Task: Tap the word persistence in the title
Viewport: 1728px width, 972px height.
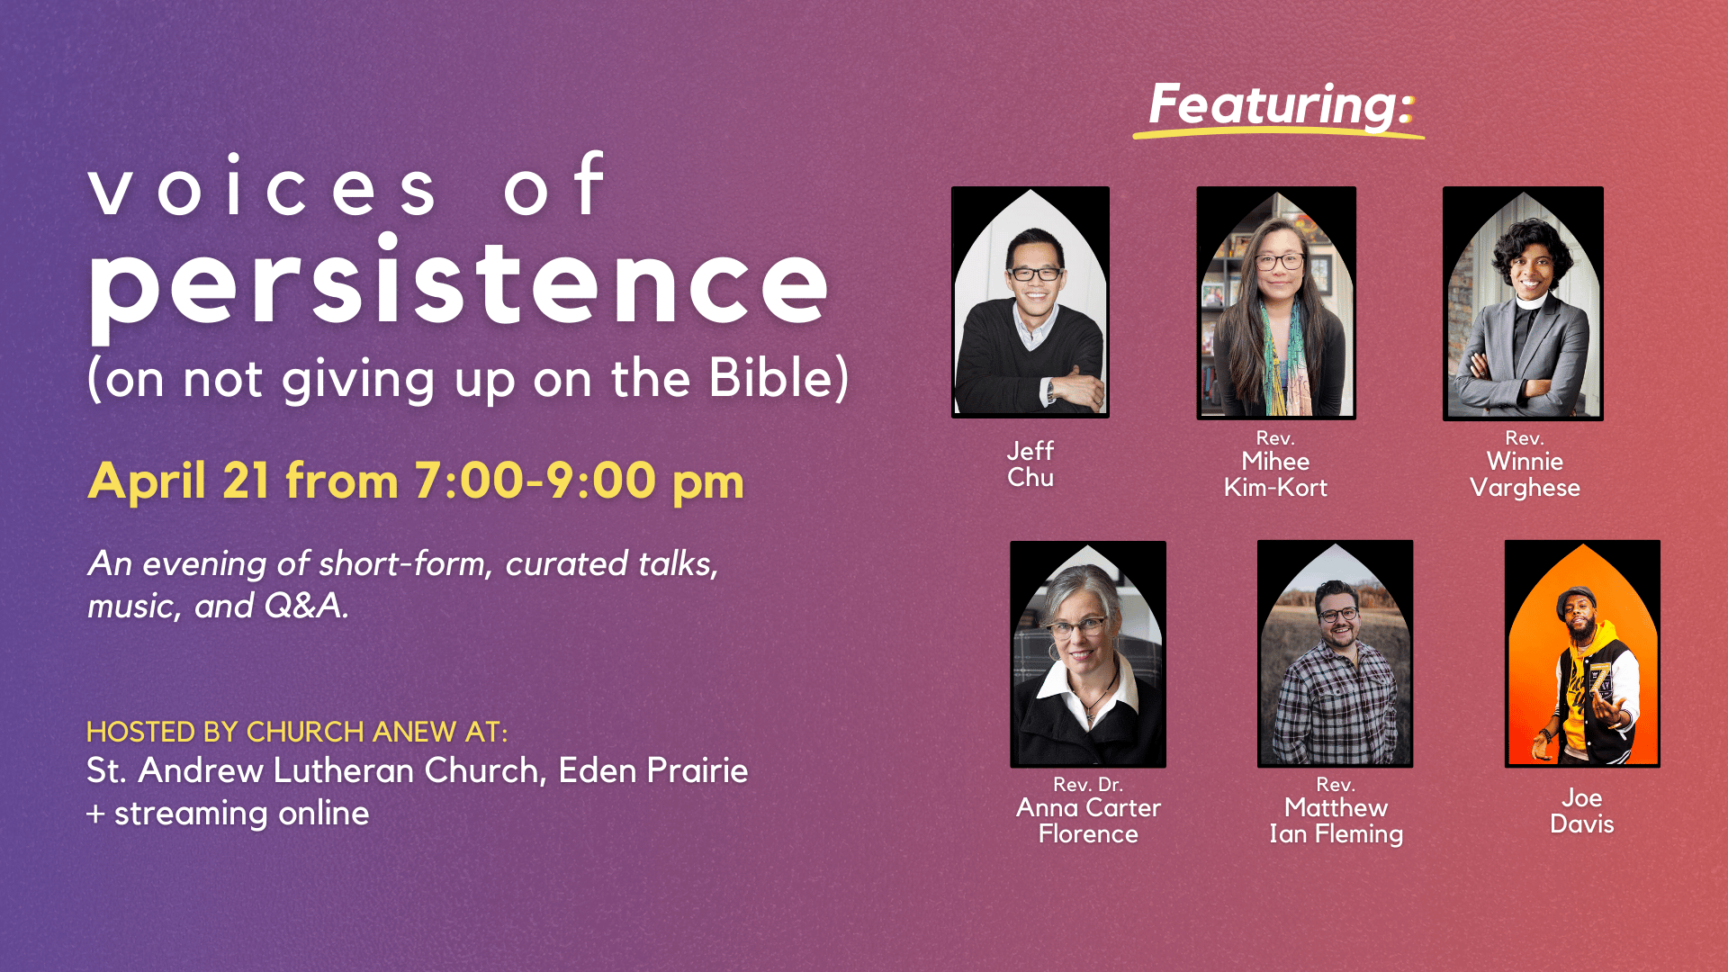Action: [x=458, y=284]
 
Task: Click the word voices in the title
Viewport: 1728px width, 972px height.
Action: [x=264, y=186]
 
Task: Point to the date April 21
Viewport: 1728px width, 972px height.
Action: [x=178, y=481]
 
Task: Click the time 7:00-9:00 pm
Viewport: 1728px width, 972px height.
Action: [x=579, y=481]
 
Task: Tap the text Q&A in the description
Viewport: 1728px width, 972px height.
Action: [x=304, y=606]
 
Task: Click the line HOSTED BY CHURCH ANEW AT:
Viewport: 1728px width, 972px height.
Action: [x=297, y=732]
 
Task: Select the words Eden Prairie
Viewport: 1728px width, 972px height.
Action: [x=653, y=770]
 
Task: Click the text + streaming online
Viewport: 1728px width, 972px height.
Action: [x=228, y=814]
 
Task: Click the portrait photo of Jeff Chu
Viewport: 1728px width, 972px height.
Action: [x=1030, y=302]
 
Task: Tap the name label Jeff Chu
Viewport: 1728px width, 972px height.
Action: [x=1030, y=464]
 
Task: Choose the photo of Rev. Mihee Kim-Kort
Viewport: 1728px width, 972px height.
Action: [x=1276, y=303]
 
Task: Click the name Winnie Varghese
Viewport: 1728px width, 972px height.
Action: [x=1525, y=474]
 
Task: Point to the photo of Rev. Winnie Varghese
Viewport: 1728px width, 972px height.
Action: [x=1523, y=303]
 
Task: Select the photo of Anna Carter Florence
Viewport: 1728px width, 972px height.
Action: [x=1088, y=654]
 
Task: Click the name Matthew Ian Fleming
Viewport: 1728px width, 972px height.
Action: [x=1336, y=821]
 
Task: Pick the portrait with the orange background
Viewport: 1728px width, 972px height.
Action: [x=1582, y=653]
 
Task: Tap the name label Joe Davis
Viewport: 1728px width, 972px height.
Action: [x=1582, y=811]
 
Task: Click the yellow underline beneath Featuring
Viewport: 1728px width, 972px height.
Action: [x=1278, y=132]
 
